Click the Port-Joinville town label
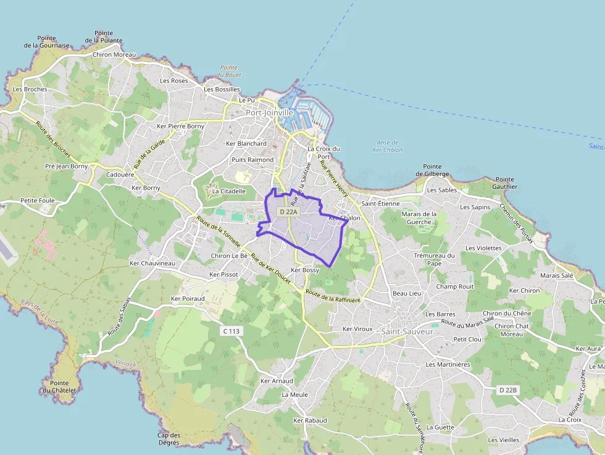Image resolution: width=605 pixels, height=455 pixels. (270, 113)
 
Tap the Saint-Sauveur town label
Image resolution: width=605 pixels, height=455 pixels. (407, 332)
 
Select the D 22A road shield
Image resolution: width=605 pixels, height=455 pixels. (288, 212)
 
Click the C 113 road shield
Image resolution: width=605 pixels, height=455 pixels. (231, 332)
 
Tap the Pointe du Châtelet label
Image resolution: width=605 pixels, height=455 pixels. (59, 386)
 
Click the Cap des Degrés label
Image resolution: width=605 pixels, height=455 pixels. (169, 438)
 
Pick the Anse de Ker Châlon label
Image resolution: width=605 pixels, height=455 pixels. (388, 146)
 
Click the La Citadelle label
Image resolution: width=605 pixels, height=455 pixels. (228, 191)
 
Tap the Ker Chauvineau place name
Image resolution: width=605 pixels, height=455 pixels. (152, 264)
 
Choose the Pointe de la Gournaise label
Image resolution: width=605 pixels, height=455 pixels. (47, 41)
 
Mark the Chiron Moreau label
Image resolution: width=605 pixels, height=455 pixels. (114, 55)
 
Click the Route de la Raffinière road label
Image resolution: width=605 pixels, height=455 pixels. (333, 296)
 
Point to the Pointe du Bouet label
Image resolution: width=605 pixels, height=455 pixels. (229, 71)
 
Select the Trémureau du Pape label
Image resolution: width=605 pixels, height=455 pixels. (434, 259)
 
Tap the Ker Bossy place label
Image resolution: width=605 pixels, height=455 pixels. (304, 270)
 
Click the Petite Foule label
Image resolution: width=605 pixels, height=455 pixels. (37, 200)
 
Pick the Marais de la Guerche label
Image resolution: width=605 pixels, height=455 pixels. (419, 218)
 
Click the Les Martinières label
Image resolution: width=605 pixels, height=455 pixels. (448, 364)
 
